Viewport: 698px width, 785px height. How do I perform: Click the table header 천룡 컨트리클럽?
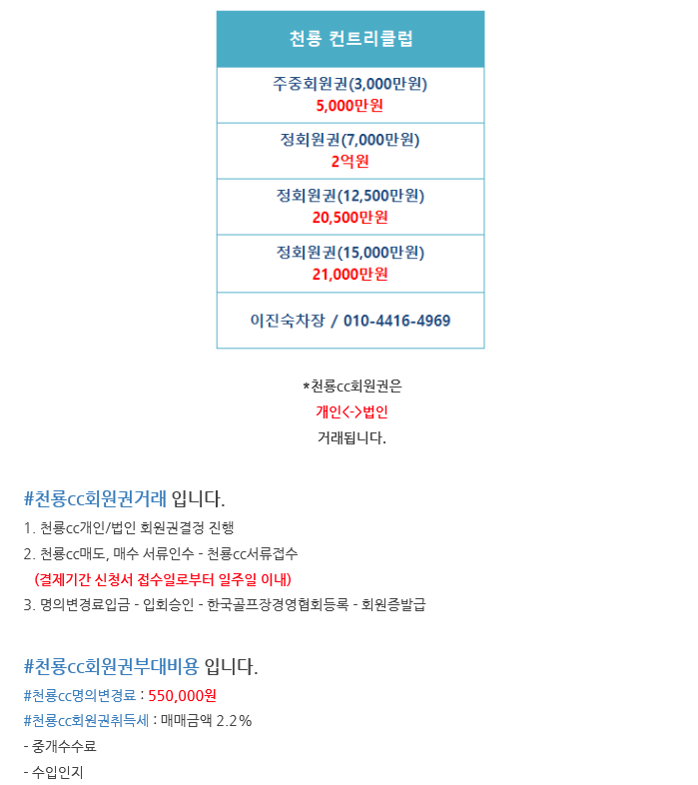point(349,40)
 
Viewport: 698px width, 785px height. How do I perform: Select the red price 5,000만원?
point(349,105)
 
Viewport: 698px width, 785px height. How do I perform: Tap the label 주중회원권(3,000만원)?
point(349,85)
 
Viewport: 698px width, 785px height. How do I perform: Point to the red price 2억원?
point(349,161)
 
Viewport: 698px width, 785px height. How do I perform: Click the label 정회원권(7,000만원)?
point(349,140)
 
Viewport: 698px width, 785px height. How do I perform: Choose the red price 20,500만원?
point(349,217)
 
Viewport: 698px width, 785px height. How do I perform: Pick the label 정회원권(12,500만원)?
point(349,196)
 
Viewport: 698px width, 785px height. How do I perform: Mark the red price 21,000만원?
point(349,274)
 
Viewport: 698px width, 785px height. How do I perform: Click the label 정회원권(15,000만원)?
point(349,253)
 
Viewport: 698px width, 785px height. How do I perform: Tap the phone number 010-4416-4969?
point(396,321)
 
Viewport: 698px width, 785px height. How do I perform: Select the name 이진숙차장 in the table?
point(288,321)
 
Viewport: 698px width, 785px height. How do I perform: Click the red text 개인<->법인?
point(350,411)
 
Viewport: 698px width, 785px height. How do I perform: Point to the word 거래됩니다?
point(350,437)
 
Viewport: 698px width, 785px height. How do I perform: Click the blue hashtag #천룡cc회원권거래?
point(95,498)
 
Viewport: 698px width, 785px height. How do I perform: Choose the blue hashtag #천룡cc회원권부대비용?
point(111,666)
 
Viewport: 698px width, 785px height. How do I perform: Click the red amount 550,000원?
point(182,695)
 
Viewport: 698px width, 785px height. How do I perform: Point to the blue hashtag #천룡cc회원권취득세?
point(86,720)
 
